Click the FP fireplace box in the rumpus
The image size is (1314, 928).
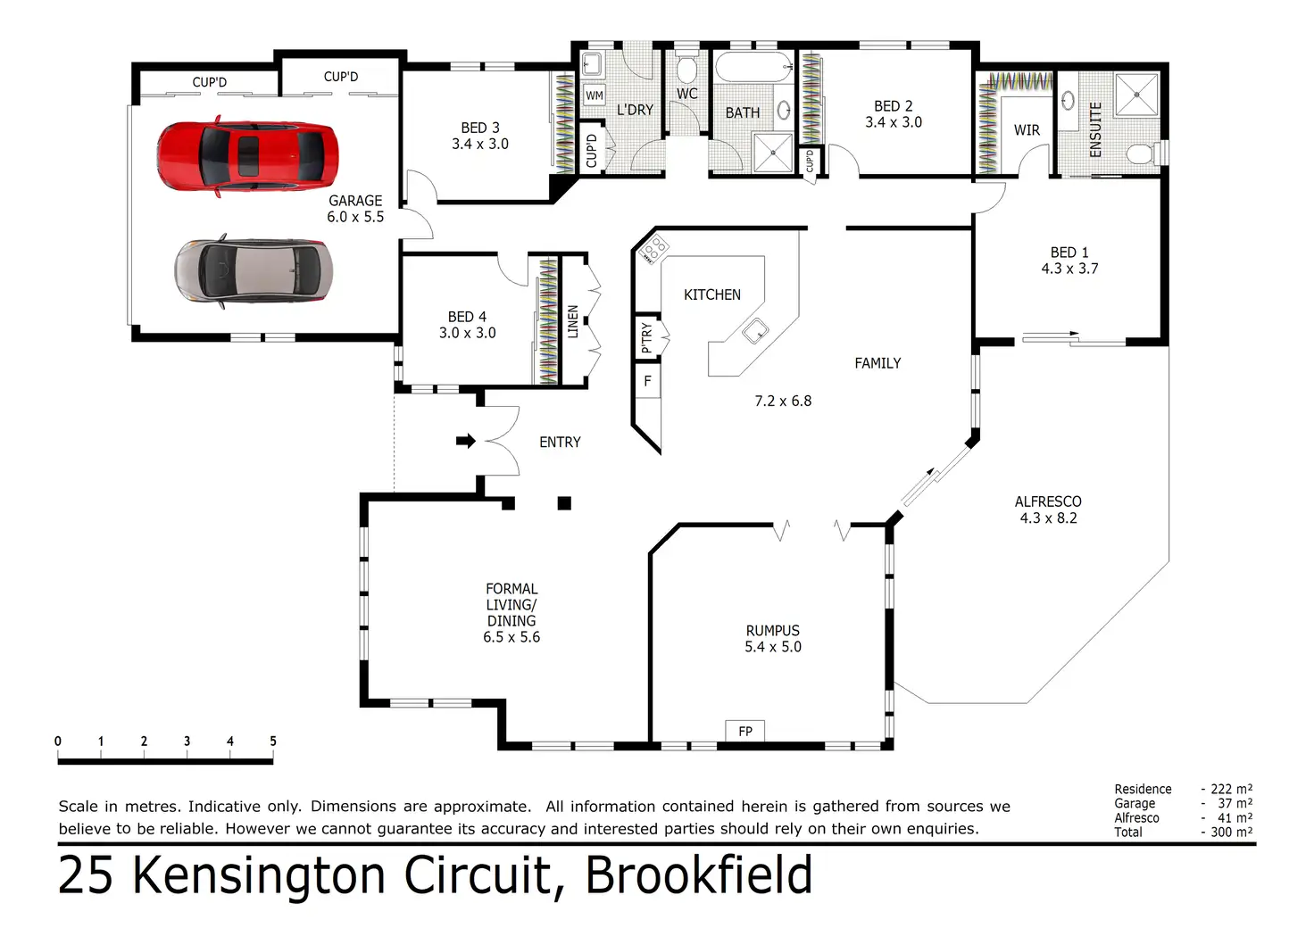745,731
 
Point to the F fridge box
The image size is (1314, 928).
647,381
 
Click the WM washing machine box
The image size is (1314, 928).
595,95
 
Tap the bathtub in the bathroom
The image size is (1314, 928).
753,67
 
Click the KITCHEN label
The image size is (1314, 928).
711,294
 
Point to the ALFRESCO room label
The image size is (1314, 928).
1048,501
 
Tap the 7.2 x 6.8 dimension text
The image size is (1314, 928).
783,401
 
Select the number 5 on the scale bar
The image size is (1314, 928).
273,741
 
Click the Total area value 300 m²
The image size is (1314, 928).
1231,832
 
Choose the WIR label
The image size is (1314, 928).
1027,130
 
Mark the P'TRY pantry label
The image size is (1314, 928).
647,337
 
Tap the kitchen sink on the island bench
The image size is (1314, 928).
755,331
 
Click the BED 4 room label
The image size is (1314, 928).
467,317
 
